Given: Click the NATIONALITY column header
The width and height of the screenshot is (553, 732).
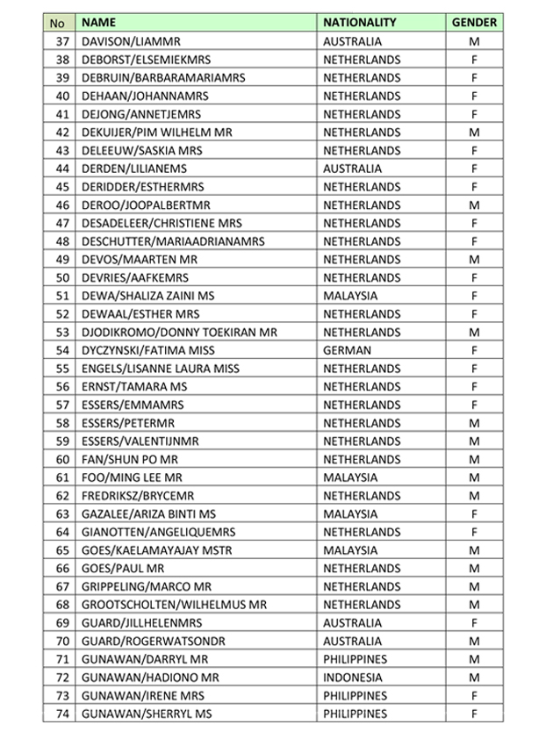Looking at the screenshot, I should (x=360, y=23).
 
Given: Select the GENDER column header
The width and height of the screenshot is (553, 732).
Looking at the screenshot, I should (x=474, y=23).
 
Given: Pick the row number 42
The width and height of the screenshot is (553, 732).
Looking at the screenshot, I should (x=61, y=133).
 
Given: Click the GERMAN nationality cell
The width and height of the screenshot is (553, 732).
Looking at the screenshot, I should (x=347, y=350).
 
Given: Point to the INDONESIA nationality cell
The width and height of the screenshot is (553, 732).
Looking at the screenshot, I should (x=353, y=678).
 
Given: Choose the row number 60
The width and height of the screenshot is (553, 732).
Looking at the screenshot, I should (x=61, y=459).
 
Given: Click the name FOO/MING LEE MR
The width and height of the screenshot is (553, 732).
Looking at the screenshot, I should (x=132, y=477).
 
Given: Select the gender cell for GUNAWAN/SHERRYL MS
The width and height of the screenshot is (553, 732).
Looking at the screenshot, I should (x=474, y=714).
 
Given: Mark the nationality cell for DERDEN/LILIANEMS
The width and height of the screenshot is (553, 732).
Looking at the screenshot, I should (x=352, y=169).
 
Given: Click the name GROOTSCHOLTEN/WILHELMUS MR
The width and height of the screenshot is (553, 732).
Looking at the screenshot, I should (x=174, y=605).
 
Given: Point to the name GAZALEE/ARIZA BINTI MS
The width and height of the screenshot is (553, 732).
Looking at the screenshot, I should (x=148, y=513).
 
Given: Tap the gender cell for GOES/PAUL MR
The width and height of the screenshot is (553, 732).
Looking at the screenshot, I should (x=474, y=568).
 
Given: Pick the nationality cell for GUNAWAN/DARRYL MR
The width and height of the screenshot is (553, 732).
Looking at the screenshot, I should (x=355, y=659).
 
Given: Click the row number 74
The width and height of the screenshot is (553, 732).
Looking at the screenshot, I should (x=61, y=714).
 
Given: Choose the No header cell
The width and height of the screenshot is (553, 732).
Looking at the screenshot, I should (x=59, y=23).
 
